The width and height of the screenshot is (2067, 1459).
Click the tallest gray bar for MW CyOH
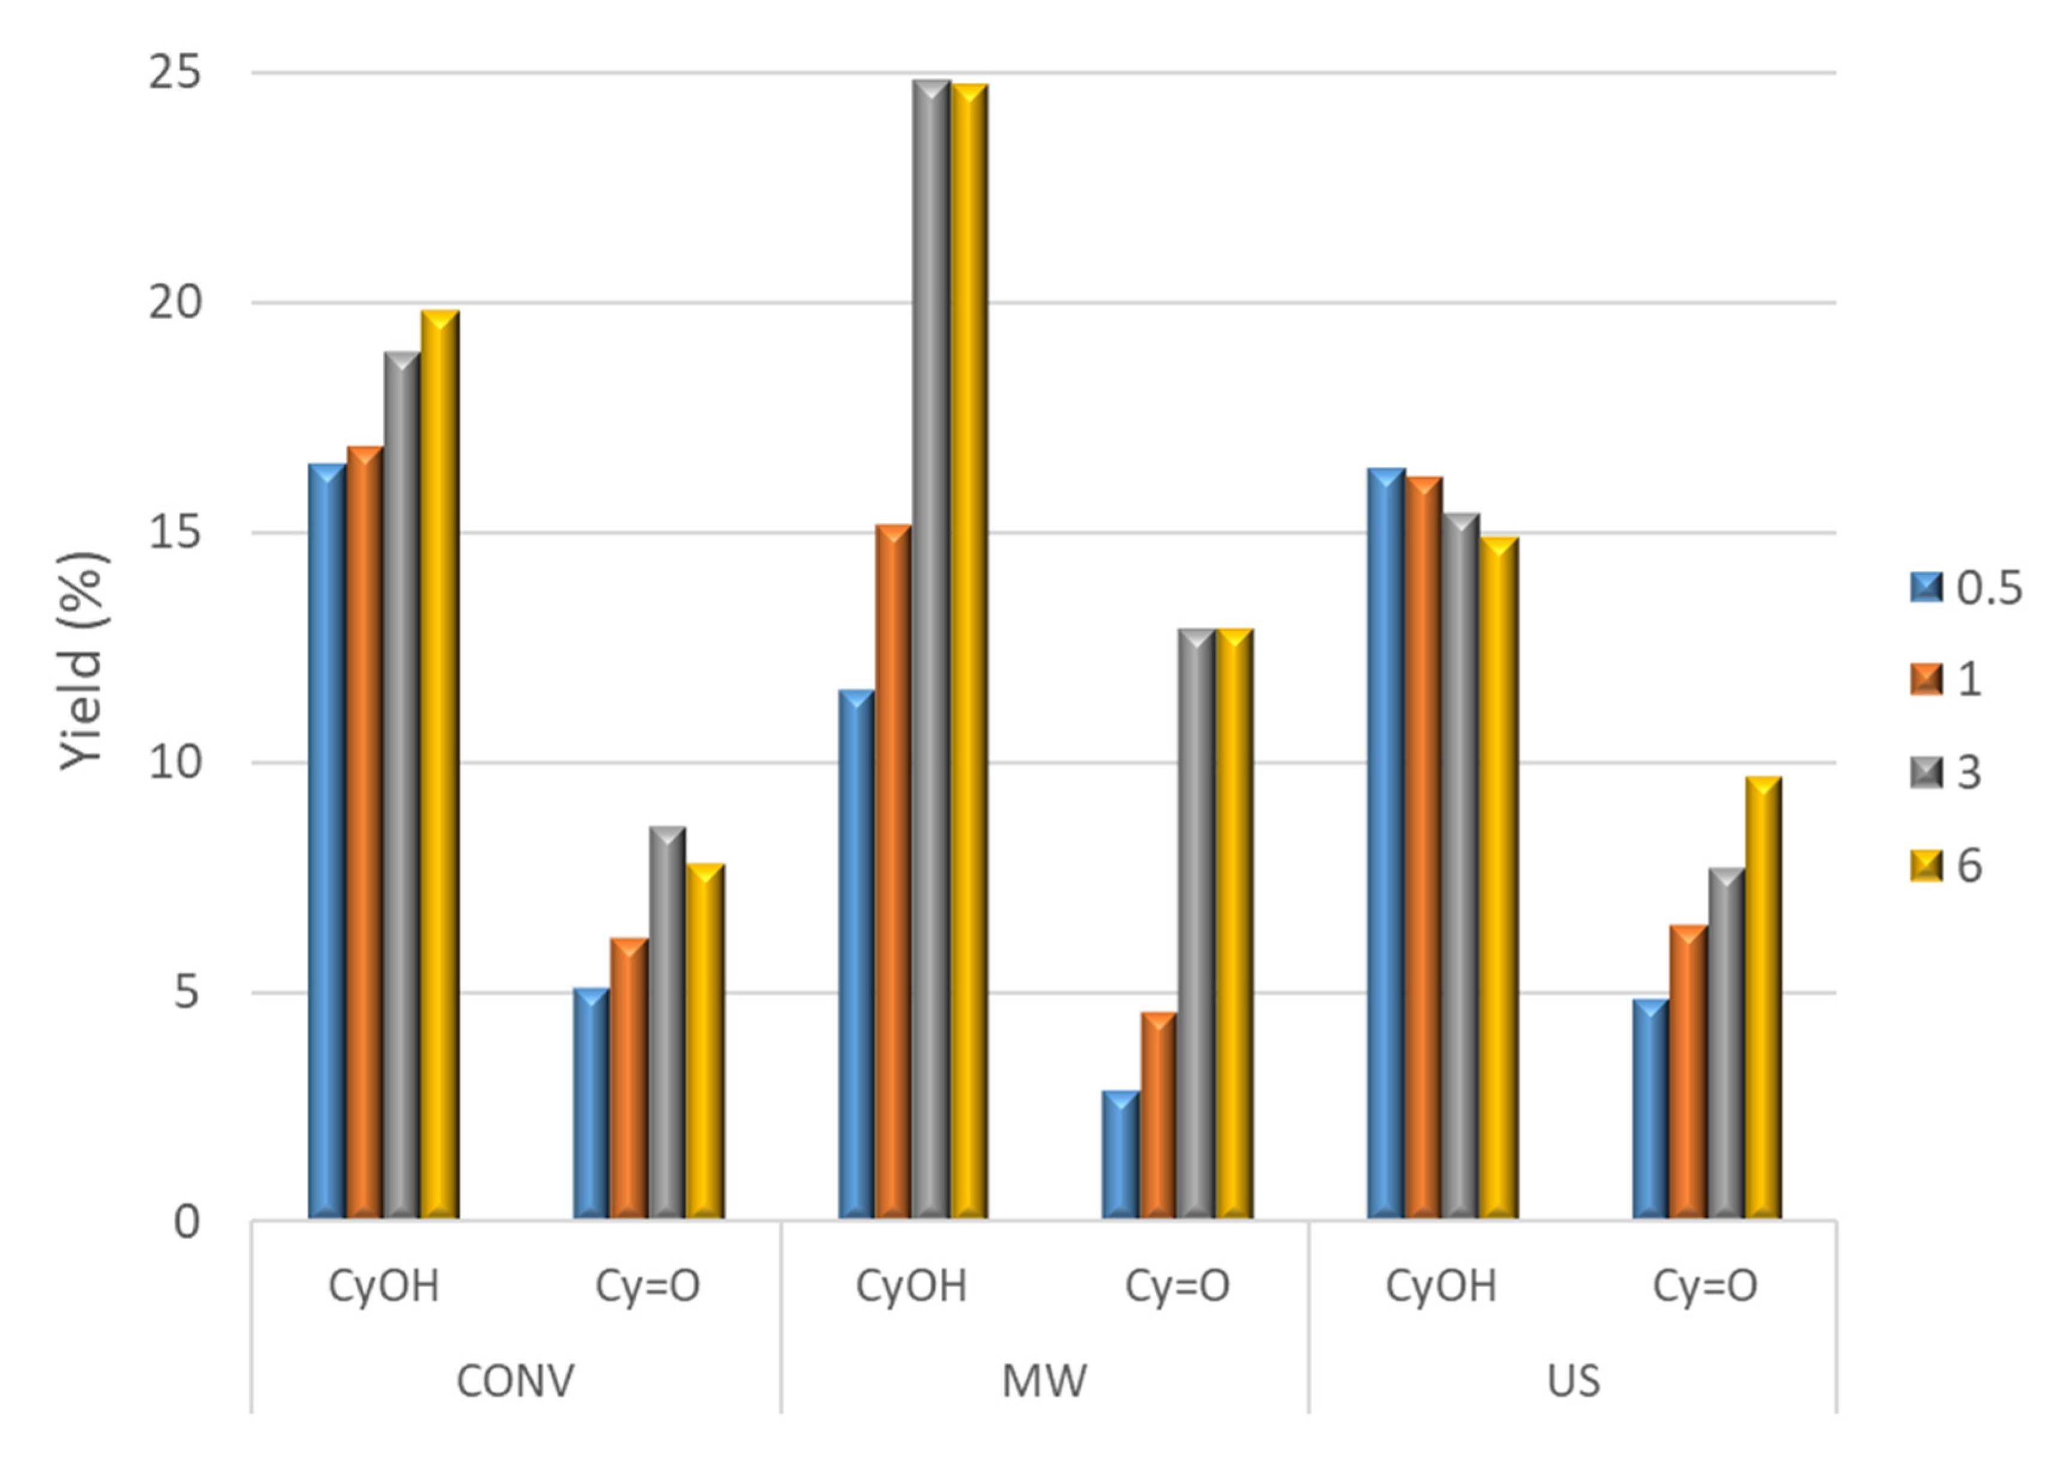(931, 648)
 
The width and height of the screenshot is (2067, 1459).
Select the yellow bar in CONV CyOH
(440, 765)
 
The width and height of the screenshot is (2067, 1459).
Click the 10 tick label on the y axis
(175, 763)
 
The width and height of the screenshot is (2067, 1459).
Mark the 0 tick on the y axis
(187, 1222)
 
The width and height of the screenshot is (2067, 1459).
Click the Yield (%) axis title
(83, 661)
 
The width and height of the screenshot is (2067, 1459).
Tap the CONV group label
(515, 1381)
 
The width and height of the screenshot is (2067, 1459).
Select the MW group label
(1044, 1381)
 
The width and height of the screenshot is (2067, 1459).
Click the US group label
(1574, 1381)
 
